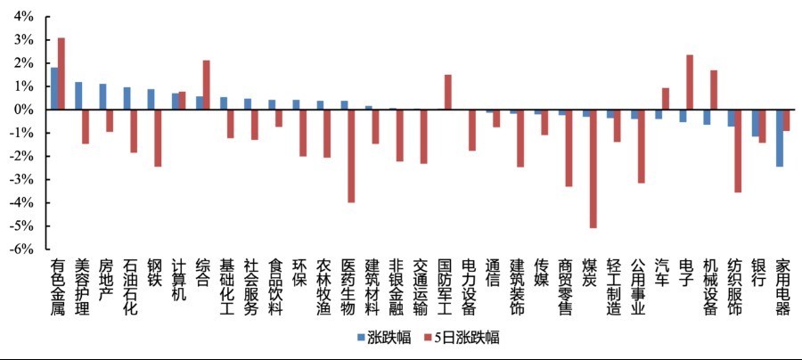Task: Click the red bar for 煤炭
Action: click(x=593, y=168)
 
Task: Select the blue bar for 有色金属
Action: click(x=54, y=88)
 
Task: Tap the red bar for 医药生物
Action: click(x=352, y=156)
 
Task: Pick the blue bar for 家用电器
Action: click(x=779, y=138)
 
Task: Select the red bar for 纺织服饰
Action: click(x=738, y=151)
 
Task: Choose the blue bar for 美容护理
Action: click(x=78, y=95)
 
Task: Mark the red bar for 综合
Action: click(x=207, y=85)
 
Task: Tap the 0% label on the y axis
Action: click(x=22, y=110)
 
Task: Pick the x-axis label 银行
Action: click(x=759, y=272)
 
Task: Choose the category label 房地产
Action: click(x=106, y=279)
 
